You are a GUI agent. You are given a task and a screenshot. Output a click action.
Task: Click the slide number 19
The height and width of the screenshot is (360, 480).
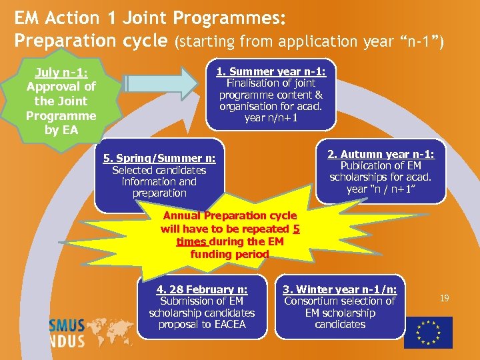[444, 299]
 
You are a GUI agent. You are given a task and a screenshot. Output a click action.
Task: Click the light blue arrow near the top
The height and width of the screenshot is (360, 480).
[164, 83]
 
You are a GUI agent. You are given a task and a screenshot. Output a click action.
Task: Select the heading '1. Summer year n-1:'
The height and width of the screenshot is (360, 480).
[271, 71]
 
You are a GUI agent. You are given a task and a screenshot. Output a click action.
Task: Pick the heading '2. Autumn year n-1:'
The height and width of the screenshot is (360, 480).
[381, 154]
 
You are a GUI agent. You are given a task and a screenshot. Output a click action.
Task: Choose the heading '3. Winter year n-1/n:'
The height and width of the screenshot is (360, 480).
[340, 289]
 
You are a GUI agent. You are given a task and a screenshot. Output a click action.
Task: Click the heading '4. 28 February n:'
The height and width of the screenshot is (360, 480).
[201, 289]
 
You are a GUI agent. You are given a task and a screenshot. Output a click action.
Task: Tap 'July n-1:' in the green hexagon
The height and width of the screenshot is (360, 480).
[61, 72]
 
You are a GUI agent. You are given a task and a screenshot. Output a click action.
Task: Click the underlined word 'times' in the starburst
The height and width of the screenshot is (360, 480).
[191, 241]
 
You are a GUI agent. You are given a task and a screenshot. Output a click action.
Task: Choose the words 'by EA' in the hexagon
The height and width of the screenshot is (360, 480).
[61, 130]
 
